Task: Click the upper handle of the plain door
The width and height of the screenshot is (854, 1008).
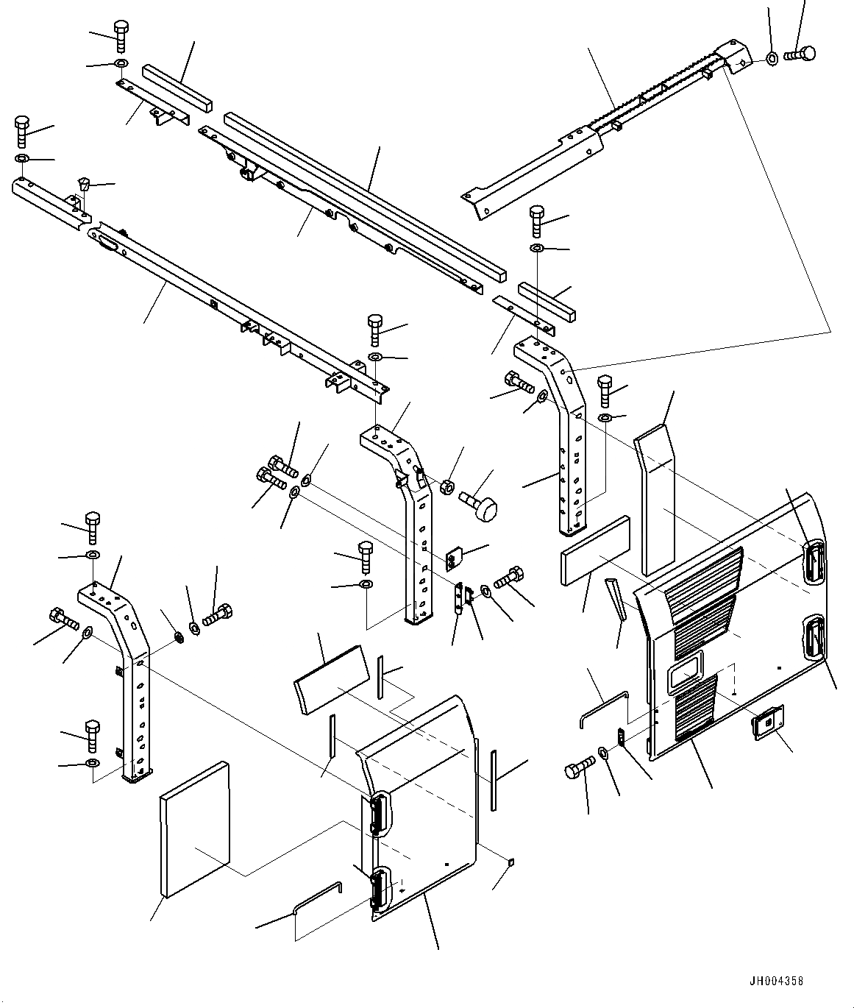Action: (x=379, y=813)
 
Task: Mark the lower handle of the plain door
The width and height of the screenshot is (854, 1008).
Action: (x=380, y=890)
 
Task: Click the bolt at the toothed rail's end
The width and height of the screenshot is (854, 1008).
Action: (x=800, y=53)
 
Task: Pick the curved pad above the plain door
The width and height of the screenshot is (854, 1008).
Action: (x=331, y=678)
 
